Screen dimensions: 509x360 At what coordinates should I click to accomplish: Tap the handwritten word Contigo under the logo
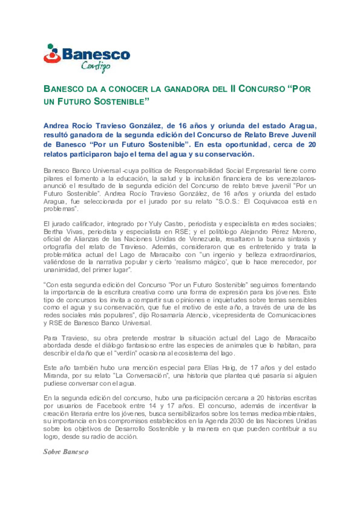point(96,66)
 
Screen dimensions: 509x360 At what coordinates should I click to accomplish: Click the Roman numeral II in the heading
point(233,89)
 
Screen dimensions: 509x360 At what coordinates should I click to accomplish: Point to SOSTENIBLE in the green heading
point(121,102)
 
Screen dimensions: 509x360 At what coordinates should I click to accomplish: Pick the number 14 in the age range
point(153,406)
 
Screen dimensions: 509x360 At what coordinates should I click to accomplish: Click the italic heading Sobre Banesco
point(66,452)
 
